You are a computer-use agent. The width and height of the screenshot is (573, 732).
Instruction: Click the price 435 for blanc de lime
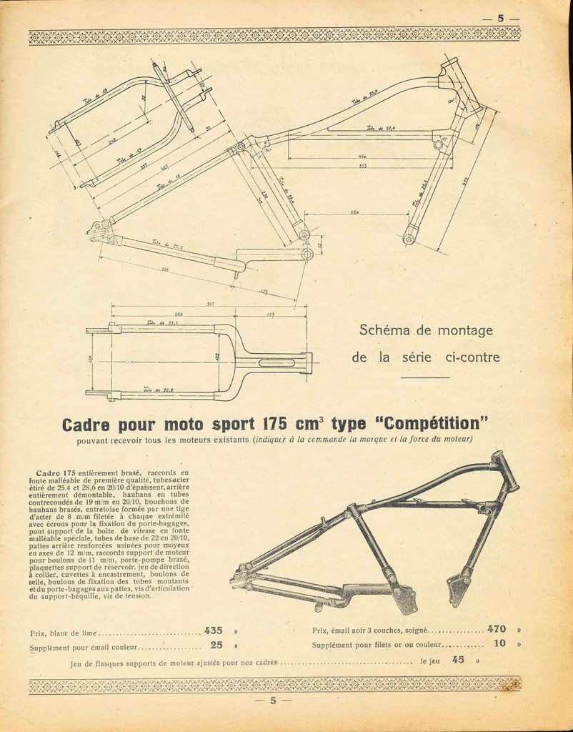click(x=214, y=630)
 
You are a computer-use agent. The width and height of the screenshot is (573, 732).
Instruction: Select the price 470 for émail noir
click(x=497, y=629)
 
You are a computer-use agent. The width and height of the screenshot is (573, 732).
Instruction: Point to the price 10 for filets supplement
click(x=499, y=643)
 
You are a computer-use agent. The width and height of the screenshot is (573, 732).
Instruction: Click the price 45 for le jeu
click(x=458, y=660)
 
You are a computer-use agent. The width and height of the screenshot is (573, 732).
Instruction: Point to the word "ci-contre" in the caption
click(x=466, y=357)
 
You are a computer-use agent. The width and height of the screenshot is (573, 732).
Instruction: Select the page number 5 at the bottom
click(x=273, y=701)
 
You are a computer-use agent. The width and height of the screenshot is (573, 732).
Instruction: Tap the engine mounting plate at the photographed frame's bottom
click(x=406, y=599)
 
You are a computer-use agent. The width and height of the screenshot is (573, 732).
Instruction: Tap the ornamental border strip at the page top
click(x=274, y=35)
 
